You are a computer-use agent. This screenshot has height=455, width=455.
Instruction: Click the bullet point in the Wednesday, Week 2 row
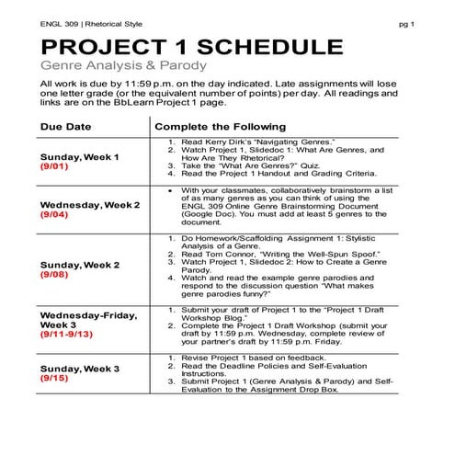[172, 188]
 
